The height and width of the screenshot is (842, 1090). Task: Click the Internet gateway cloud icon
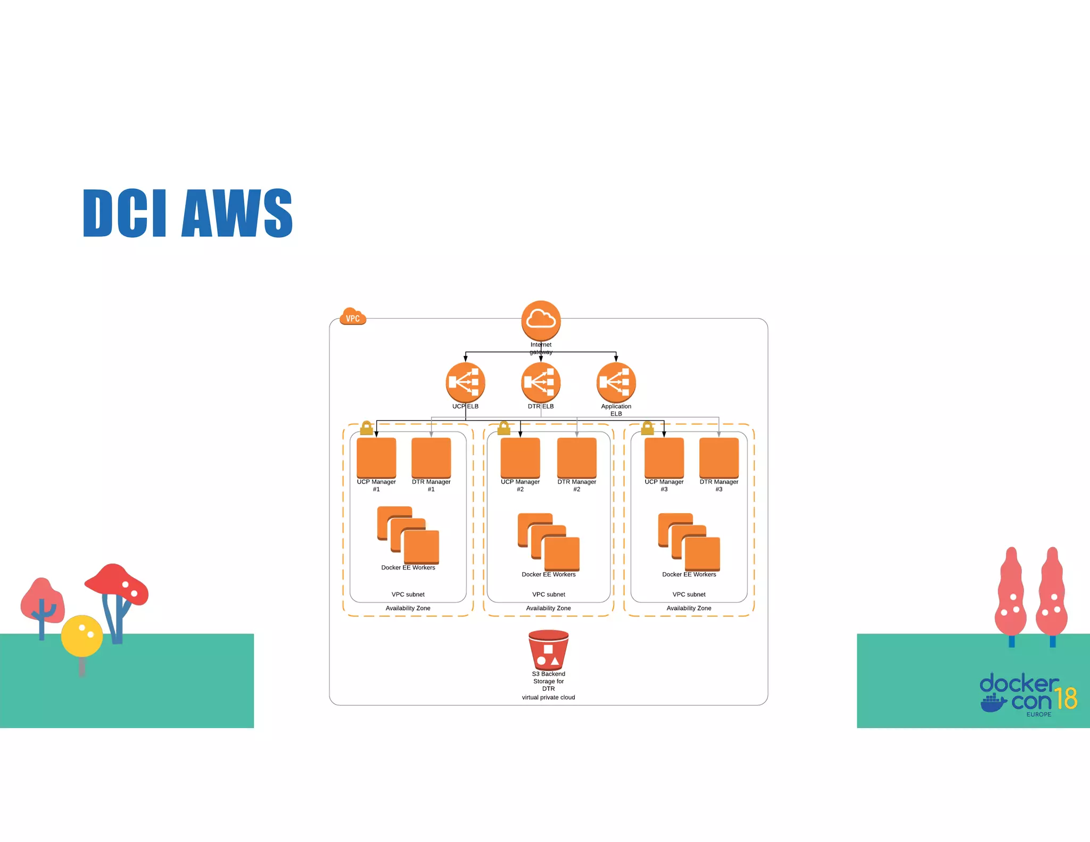click(x=541, y=320)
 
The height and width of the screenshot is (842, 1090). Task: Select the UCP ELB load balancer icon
click(x=465, y=382)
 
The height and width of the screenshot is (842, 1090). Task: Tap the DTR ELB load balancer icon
click(x=541, y=382)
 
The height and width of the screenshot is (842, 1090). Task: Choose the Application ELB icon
click(x=616, y=382)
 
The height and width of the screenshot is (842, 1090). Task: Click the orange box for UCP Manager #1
click(x=376, y=457)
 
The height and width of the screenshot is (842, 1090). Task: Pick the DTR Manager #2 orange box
click(x=576, y=457)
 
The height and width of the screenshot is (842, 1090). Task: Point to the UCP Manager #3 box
click(x=664, y=457)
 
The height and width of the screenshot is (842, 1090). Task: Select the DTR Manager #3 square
click(x=719, y=457)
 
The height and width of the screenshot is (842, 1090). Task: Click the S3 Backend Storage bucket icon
click(x=548, y=650)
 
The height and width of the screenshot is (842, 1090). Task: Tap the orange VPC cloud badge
click(x=352, y=317)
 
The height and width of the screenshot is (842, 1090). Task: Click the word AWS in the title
click(x=237, y=213)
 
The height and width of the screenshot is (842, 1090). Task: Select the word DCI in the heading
click(x=125, y=213)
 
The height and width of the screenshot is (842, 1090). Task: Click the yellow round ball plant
click(x=82, y=635)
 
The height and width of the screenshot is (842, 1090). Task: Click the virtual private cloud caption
click(x=548, y=697)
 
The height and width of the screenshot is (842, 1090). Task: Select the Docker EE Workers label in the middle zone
click(x=548, y=574)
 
